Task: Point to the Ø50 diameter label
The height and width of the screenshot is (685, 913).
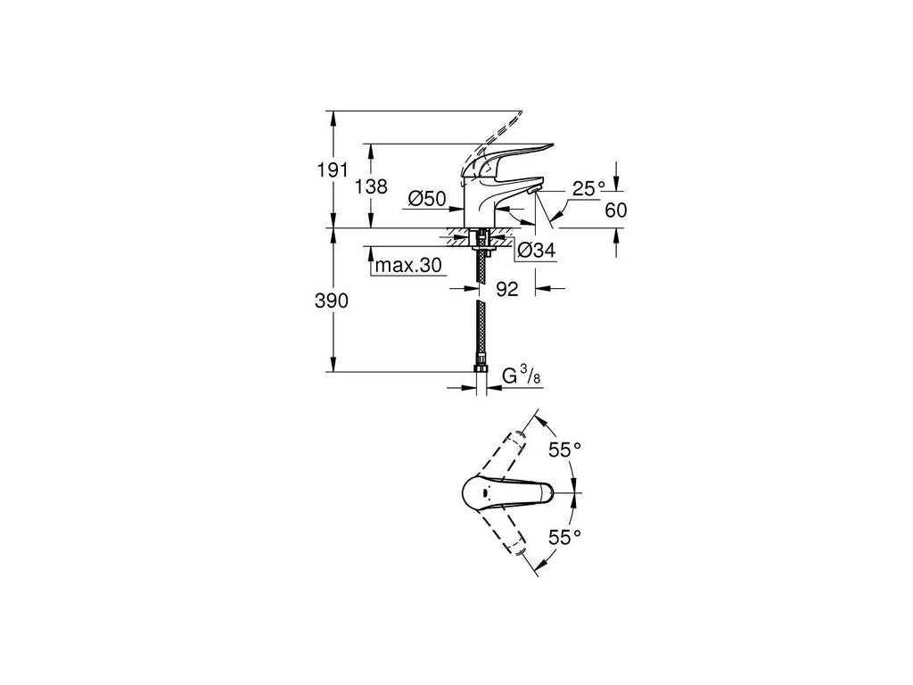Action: (x=428, y=199)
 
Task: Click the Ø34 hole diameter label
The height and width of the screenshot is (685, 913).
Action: (x=537, y=252)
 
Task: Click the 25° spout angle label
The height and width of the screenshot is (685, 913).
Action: (x=588, y=188)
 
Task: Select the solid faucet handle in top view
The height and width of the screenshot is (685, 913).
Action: (x=508, y=491)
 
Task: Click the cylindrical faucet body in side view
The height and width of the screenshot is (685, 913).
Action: (x=482, y=203)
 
